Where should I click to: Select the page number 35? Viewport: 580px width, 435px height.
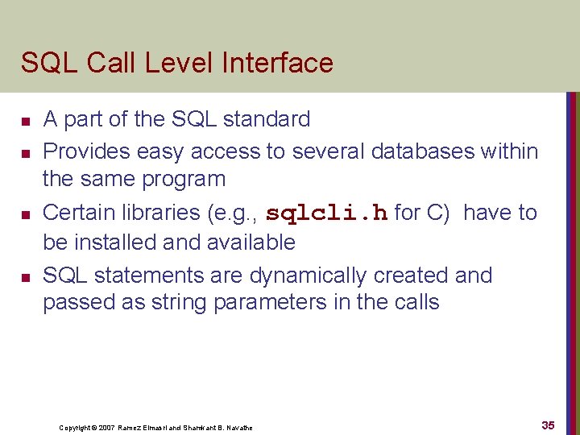click(x=548, y=425)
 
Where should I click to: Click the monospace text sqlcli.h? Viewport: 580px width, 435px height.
click(x=327, y=213)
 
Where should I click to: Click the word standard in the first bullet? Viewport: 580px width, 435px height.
click(x=267, y=119)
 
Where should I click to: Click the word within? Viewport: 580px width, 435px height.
click(x=506, y=151)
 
